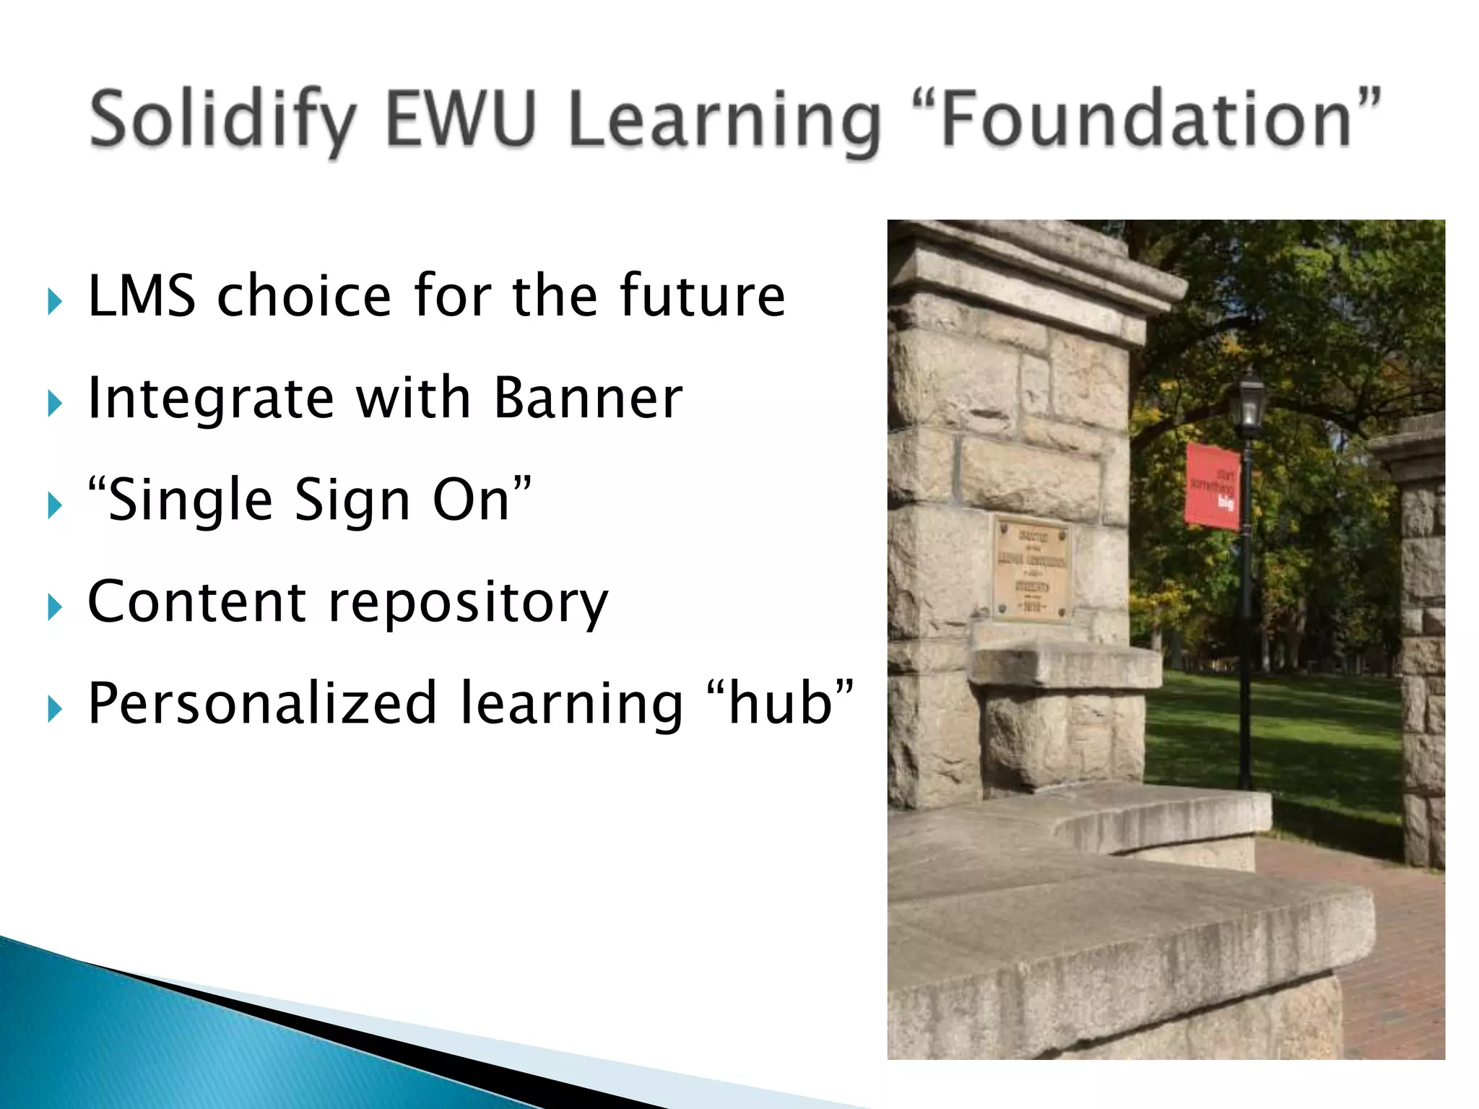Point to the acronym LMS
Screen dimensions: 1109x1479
(142, 296)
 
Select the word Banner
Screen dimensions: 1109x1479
(588, 398)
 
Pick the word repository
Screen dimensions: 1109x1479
(469, 604)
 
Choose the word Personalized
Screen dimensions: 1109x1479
(263, 704)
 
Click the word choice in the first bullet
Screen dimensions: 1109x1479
(304, 296)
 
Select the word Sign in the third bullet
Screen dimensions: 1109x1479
(352, 501)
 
